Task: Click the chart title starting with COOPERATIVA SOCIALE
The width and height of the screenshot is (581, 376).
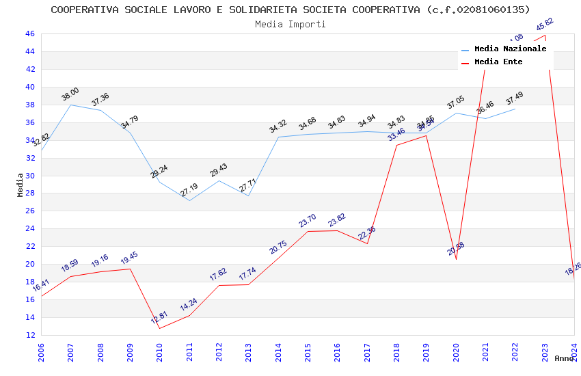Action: coord(290,10)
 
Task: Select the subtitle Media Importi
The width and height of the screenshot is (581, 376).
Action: coord(290,24)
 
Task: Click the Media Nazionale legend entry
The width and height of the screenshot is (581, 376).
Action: coord(510,49)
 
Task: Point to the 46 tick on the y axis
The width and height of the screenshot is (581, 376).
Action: coord(30,33)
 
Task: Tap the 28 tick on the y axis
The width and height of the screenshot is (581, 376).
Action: coord(30,193)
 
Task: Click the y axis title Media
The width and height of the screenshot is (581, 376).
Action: coord(21,185)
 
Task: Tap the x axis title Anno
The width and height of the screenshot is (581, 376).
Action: coord(564,358)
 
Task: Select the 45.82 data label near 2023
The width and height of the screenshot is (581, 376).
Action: coord(545,25)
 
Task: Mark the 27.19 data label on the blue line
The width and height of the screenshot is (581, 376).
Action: coord(189,190)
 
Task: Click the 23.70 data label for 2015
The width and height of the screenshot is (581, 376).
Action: coord(308,221)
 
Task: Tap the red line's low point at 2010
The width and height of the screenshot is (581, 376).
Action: coord(160,328)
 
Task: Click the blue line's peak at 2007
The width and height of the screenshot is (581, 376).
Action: coord(71,105)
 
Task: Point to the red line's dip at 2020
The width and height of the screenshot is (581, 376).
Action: coord(456,259)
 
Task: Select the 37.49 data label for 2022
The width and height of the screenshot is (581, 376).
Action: coord(515,99)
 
